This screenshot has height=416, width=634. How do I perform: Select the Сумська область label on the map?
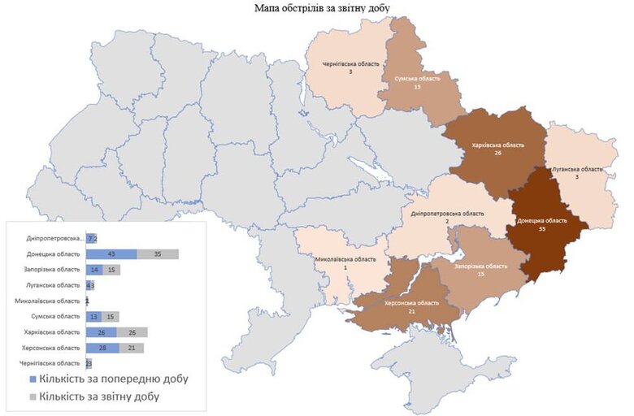pyautogui.click(x=417, y=79)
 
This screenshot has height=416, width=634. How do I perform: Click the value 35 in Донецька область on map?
pyautogui.click(x=541, y=230)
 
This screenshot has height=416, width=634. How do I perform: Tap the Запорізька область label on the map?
pyautogui.click(x=480, y=266)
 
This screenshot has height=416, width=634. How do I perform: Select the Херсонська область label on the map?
pyautogui.click(x=412, y=302)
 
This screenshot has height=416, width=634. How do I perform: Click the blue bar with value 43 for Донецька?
pyautogui.click(x=111, y=254)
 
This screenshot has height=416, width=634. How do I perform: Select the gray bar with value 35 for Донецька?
pyautogui.click(x=158, y=254)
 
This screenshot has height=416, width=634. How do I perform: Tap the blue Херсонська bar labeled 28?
pyautogui.click(x=102, y=348)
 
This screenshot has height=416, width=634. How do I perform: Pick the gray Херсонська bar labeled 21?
pyautogui.click(x=132, y=348)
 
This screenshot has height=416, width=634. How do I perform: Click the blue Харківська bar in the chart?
pyautogui.click(x=102, y=332)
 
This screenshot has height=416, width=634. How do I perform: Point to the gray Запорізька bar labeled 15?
pyautogui.click(x=112, y=270)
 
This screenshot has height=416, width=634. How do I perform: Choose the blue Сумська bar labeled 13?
pyautogui.click(x=94, y=316)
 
